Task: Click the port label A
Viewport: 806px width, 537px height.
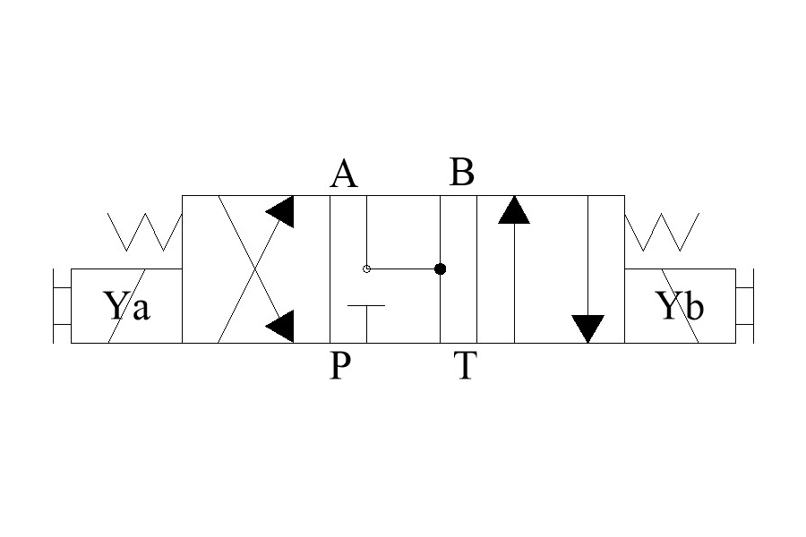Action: pos(344,173)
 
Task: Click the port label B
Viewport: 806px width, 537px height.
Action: pos(461,172)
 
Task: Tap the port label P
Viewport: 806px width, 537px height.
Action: pos(340,365)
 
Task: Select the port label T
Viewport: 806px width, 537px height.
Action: pos(465,365)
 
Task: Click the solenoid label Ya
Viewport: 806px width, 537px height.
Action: pos(127,305)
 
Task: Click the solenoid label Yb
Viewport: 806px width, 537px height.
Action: pos(680,305)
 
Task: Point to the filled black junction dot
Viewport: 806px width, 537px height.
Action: pos(440,268)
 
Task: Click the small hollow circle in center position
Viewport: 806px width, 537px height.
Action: pos(366,268)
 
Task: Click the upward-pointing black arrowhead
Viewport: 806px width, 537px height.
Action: pos(514,209)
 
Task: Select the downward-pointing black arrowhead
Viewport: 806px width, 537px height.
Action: pos(588,328)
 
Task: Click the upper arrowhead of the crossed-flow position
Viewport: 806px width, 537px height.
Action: pos(280,212)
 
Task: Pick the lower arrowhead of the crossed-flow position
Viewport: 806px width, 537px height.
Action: pos(280,326)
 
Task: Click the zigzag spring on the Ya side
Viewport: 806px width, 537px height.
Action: pos(145,232)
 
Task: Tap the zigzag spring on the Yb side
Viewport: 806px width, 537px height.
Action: pos(662,232)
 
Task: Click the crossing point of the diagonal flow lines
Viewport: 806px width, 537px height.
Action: pos(255,269)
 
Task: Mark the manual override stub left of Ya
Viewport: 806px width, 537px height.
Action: pos(62,306)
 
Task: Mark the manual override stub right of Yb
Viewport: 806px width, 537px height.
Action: pos(745,306)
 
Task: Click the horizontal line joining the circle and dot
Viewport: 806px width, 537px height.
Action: pos(403,268)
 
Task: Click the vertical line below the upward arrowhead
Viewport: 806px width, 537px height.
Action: pos(514,283)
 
